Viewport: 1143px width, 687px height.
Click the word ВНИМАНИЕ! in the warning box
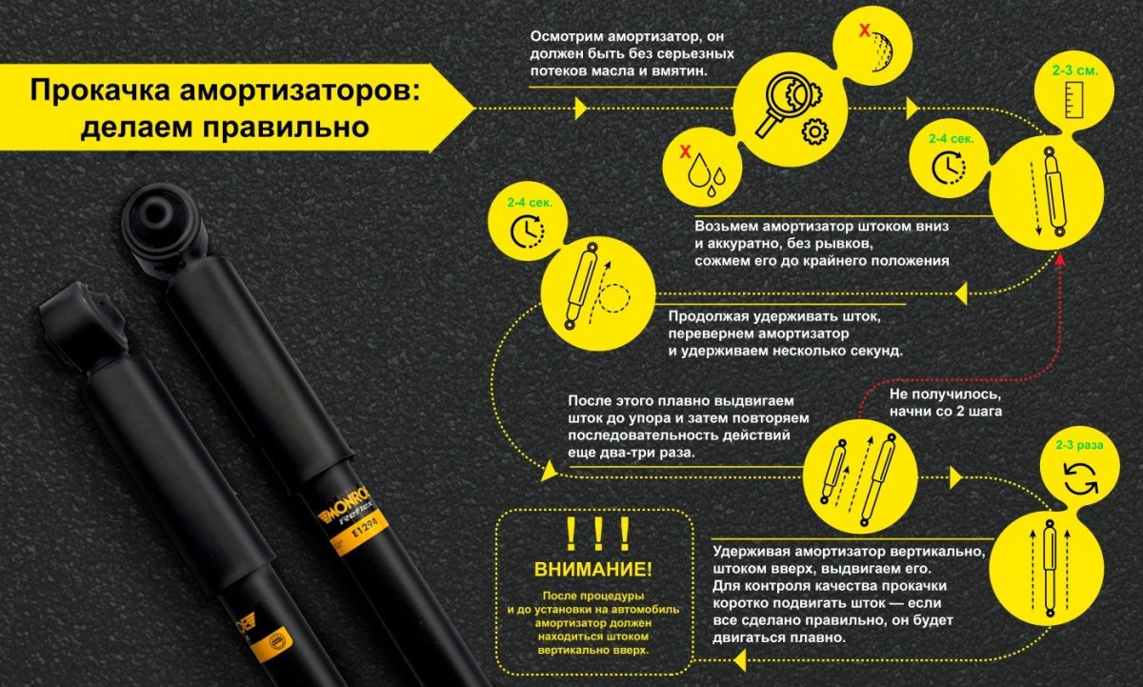pyautogui.click(x=593, y=570)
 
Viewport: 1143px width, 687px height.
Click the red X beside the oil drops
pyautogui.click(x=683, y=151)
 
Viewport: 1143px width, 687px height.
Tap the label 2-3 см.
pyautogui.click(x=1073, y=71)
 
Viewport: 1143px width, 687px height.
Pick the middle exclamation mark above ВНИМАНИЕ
pyautogui.click(x=595, y=536)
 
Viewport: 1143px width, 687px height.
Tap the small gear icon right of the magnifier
pyautogui.click(x=813, y=131)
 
